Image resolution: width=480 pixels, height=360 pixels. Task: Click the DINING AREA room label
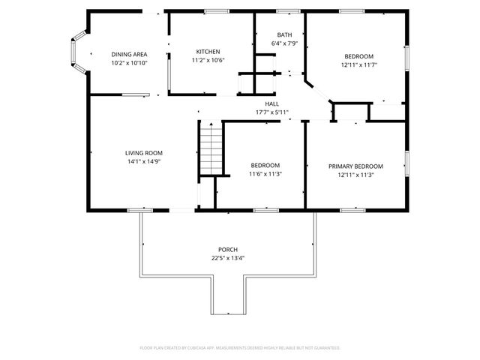pyautogui.click(x=129, y=55)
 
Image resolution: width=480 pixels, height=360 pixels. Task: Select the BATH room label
pyautogui.click(x=284, y=35)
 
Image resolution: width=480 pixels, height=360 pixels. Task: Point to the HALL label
pyautogui.click(x=271, y=104)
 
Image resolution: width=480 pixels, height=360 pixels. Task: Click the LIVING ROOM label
pyautogui.click(x=143, y=153)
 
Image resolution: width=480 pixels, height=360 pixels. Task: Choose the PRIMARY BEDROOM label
pyautogui.click(x=355, y=166)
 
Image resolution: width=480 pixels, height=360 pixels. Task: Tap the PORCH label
pyautogui.click(x=228, y=249)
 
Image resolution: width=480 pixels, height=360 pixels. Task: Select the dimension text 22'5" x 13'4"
pyautogui.click(x=228, y=258)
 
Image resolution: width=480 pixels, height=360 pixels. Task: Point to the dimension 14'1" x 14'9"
pyautogui.click(x=143, y=161)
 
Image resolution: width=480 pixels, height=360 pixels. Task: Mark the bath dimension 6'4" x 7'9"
pyautogui.click(x=284, y=43)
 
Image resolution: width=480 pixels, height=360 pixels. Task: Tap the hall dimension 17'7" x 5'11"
pyautogui.click(x=271, y=112)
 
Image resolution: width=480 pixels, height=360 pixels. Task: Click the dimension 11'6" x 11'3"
pyautogui.click(x=265, y=174)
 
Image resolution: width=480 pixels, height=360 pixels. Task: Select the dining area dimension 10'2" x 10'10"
pyautogui.click(x=129, y=63)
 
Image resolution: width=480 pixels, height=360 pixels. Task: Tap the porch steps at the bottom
pyautogui.click(x=228, y=300)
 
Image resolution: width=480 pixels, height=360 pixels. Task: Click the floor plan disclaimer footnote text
pyautogui.click(x=240, y=348)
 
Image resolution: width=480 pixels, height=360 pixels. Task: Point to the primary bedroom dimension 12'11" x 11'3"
pyautogui.click(x=355, y=175)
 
